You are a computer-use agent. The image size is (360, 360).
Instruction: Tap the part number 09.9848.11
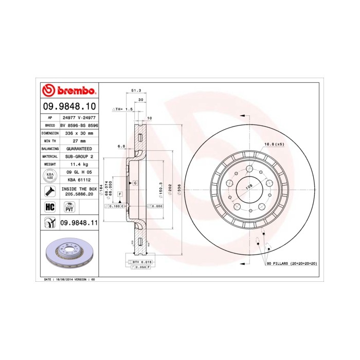(79, 222)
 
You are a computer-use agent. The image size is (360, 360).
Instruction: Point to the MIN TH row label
(48, 140)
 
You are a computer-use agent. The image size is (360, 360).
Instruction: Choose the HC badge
(50, 207)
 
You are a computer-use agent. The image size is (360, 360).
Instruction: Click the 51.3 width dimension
(136, 90)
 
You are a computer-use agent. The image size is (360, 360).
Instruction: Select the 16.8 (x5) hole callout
(274, 145)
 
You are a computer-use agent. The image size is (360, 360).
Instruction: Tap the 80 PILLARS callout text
(292, 264)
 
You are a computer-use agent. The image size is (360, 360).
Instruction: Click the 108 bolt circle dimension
(248, 187)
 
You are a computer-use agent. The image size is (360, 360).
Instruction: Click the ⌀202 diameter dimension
(170, 189)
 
